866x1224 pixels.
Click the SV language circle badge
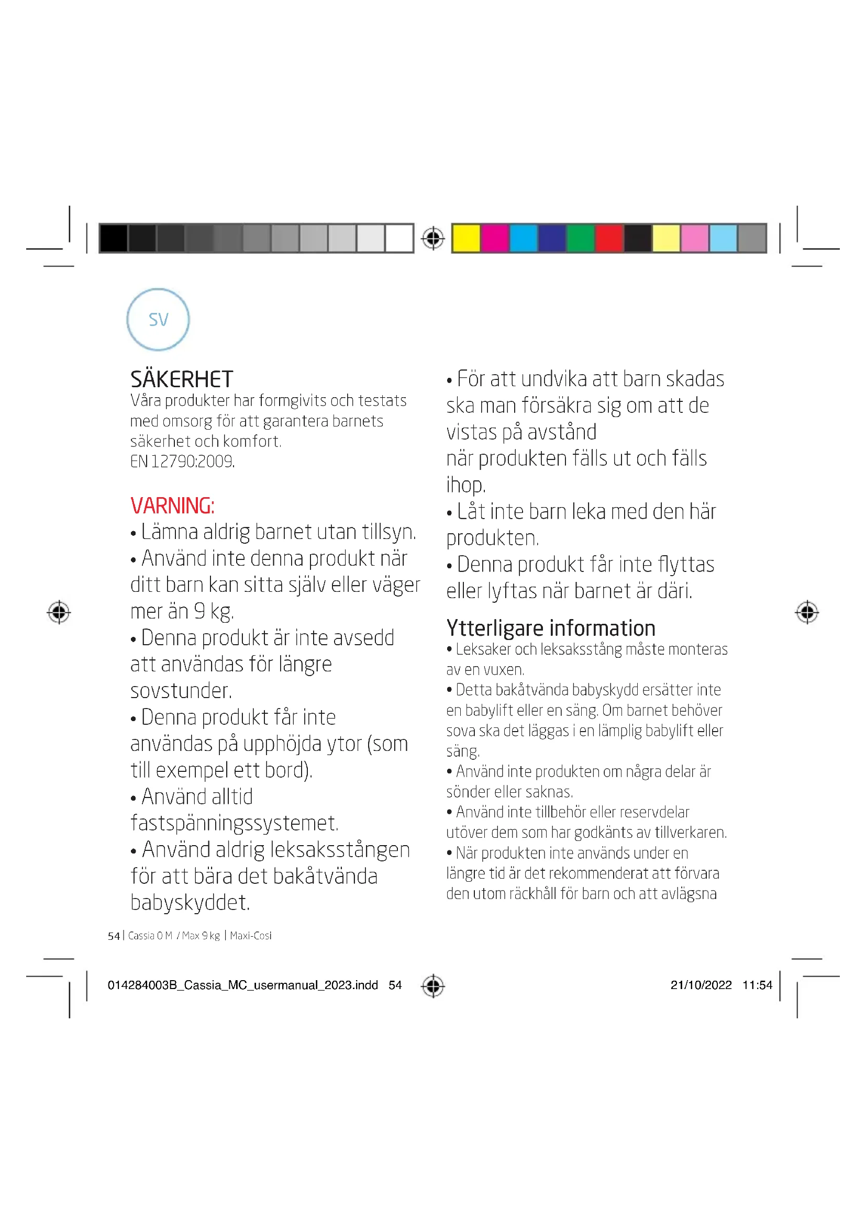click(x=158, y=319)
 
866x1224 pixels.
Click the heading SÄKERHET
click(x=181, y=379)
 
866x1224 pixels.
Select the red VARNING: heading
click(x=172, y=506)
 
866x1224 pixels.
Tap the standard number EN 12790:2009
click(x=182, y=461)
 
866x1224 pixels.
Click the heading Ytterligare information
click(x=550, y=628)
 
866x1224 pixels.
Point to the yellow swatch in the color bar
click(x=466, y=238)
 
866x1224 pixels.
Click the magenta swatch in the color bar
click(x=494, y=238)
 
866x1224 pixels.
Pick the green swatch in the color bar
click(x=580, y=238)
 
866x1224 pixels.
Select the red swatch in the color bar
click(x=609, y=238)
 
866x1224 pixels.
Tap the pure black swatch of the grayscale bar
click(x=113, y=238)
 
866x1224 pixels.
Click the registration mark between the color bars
click(x=432, y=238)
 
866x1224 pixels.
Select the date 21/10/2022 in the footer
click(x=701, y=985)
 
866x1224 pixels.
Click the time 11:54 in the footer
click(x=757, y=985)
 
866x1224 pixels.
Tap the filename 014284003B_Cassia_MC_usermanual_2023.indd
click(x=242, y=985)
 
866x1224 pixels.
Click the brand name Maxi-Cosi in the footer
click(x=251, y=936)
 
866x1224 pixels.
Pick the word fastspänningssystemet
click(x=235, y=823)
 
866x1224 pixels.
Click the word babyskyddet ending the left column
click(x=190, y=903)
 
